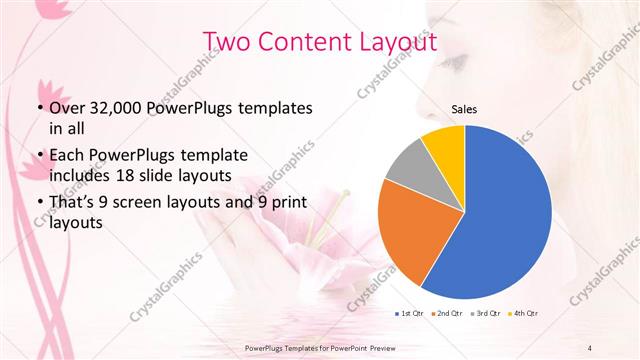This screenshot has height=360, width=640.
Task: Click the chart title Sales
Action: pos(464,108)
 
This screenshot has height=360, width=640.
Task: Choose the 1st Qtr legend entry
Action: pos(411,315)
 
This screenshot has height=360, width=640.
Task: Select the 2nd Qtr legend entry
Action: pos(446,315)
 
